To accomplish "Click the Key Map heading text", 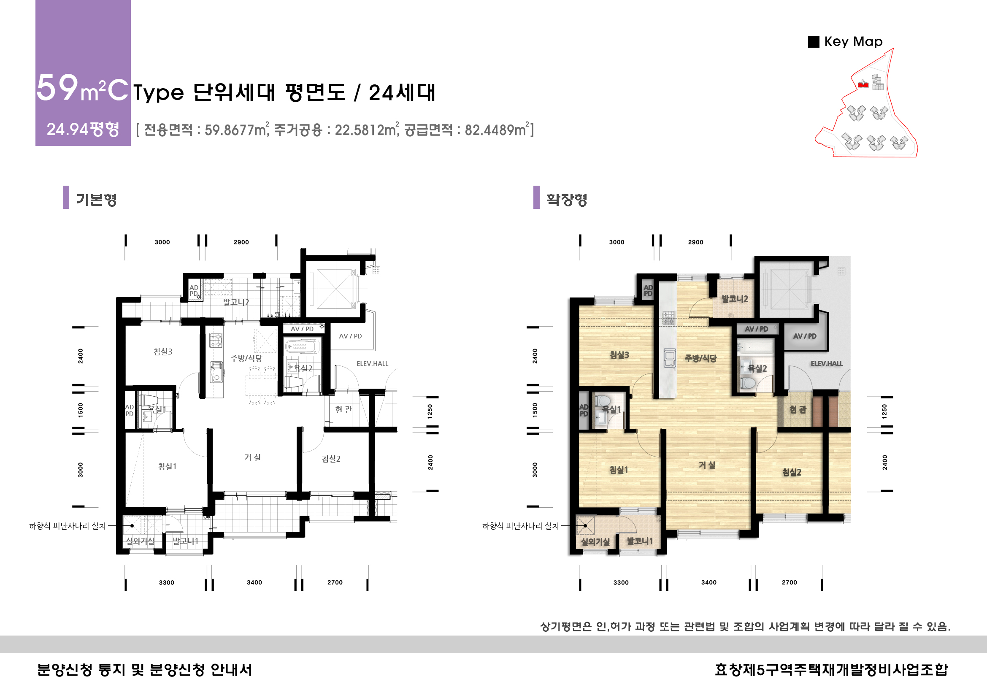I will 853,42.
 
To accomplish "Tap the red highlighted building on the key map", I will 863,85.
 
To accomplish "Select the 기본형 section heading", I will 96,200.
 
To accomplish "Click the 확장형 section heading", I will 567,200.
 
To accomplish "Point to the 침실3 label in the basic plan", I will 163,352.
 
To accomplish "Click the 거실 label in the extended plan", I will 707,465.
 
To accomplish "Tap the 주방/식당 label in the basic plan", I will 246,358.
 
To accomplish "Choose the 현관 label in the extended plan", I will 798,410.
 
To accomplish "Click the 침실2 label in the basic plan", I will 331,459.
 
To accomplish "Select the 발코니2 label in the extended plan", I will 735,299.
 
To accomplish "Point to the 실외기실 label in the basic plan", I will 140,541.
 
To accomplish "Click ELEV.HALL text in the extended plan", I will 826,364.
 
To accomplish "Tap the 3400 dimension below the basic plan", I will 254,582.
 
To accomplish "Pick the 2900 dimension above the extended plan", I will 695,242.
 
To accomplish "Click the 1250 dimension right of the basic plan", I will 430,411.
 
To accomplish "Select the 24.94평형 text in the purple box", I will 83,130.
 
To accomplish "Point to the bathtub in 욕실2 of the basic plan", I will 302,346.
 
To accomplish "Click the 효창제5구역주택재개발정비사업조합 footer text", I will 831,670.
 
